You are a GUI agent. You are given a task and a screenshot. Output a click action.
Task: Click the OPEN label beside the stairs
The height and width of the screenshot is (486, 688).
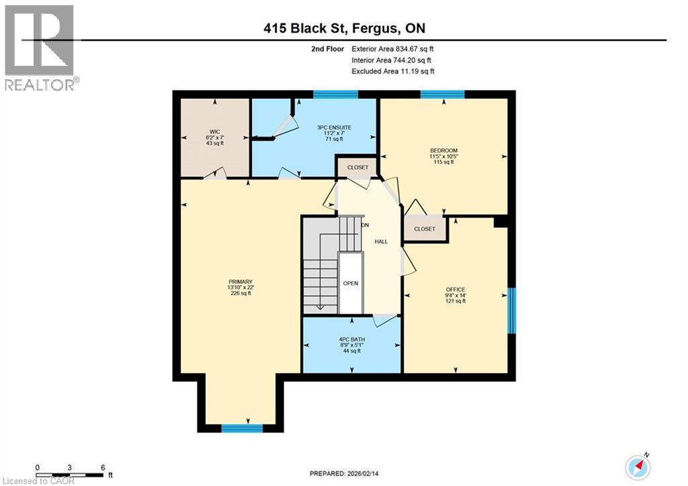[350, 283]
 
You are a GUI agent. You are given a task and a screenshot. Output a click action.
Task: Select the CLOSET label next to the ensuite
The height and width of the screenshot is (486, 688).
[357, 167]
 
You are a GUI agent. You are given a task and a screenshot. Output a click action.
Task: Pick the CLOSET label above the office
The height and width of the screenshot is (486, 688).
[425, 229]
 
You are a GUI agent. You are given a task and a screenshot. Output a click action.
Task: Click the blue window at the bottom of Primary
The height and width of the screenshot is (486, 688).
[242, 428]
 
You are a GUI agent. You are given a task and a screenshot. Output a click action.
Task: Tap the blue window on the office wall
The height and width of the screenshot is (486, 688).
[511, 310]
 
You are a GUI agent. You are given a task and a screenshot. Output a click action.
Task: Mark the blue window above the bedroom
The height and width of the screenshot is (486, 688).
[443, 94]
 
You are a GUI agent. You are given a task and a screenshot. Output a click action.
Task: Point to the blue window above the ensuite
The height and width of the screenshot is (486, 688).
[335, 94]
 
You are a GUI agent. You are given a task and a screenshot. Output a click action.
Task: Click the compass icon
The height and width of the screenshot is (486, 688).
[638, 466]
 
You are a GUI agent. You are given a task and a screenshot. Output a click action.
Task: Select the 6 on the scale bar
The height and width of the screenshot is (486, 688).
[101, 467]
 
